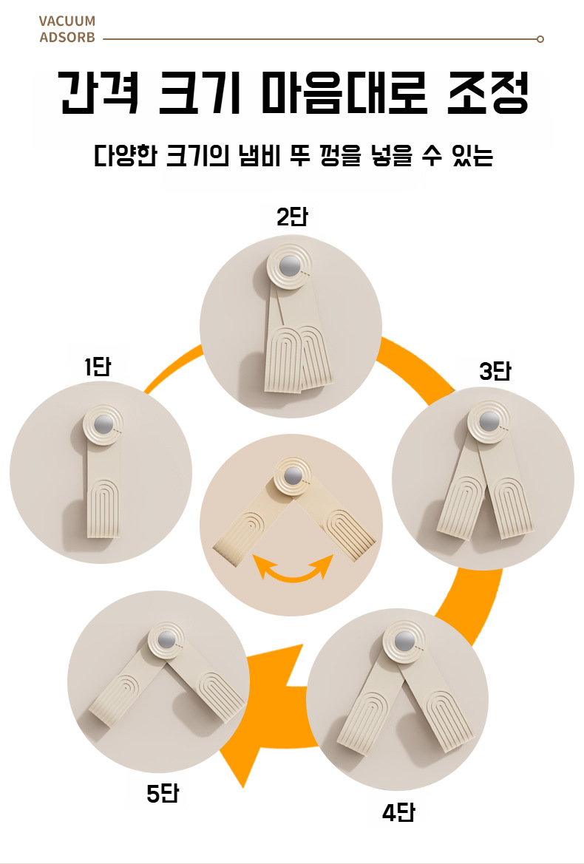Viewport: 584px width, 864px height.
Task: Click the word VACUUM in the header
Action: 67,22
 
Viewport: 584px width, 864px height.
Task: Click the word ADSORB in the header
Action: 67,38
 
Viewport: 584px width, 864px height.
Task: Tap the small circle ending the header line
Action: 540,38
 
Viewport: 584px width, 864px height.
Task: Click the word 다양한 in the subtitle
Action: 125,157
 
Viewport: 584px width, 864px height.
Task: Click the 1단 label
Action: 96,367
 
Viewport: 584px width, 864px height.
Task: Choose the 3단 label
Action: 495,371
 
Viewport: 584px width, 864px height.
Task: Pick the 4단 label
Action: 398,814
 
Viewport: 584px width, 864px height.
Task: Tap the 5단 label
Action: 163,795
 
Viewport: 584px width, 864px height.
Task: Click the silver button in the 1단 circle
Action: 103,424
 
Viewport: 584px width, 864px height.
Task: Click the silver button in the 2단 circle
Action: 291,266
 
